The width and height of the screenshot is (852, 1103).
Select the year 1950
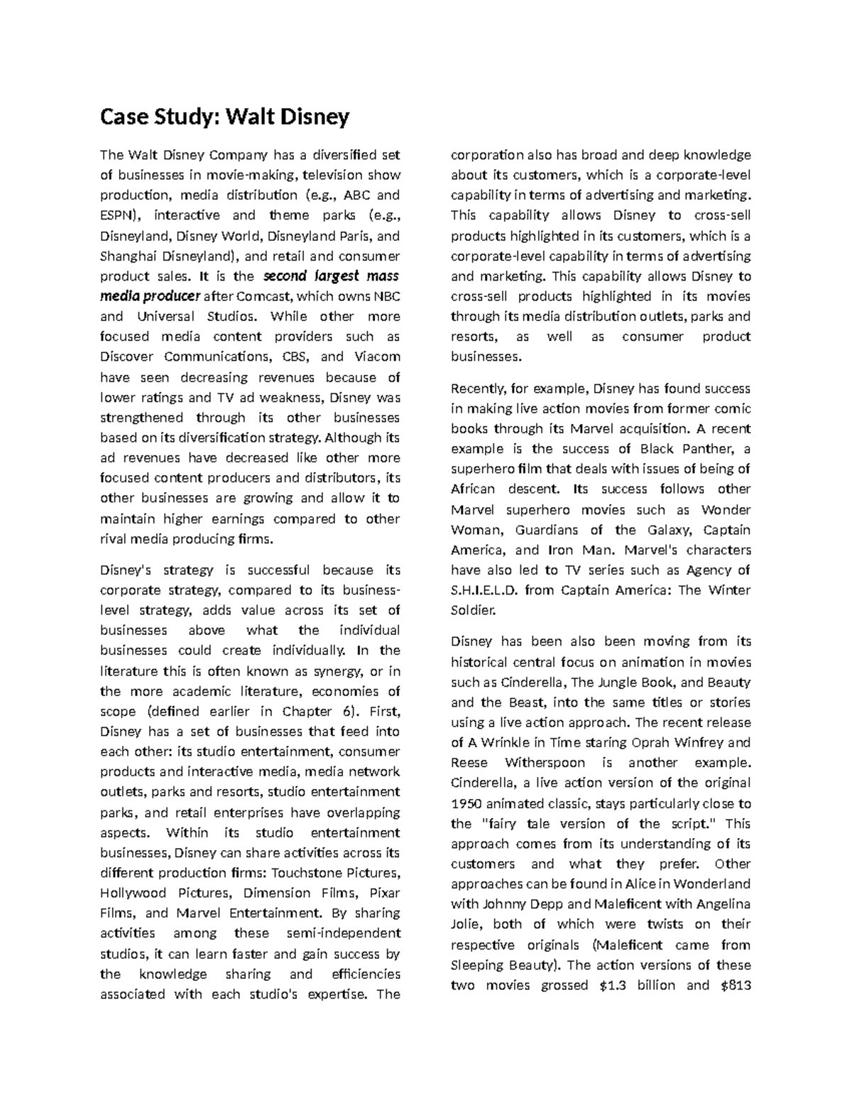pyautogui.click(x=466, y=804)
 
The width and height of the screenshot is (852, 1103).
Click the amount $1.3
pyautogui.click(x=608, y=985)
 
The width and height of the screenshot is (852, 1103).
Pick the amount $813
pyautogui.click(x=735, y=985)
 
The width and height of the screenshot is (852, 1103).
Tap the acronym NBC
pyautogui.click(x=387, y=296)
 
